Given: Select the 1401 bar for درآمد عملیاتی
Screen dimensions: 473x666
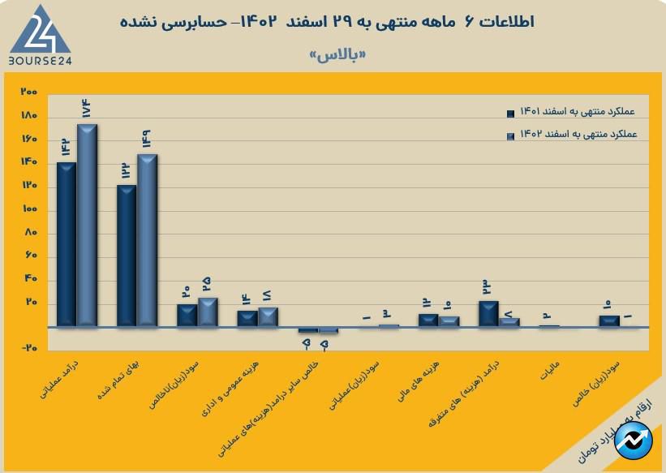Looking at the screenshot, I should tap(67, 244).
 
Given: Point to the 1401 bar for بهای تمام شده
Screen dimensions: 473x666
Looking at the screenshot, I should tap(127, 256).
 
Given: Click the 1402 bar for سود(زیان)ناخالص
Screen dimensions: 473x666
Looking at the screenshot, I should tap(208, 312).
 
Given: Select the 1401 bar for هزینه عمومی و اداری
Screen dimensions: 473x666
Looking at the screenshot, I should tap(247, 318).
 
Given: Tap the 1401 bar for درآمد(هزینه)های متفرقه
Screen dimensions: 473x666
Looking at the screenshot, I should tap(488, 313).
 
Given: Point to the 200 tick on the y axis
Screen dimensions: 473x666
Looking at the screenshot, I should tap(30, 91).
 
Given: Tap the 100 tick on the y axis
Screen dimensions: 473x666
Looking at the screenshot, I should tap(30, 209).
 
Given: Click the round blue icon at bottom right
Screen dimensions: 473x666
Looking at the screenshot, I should tap(633, 441).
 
